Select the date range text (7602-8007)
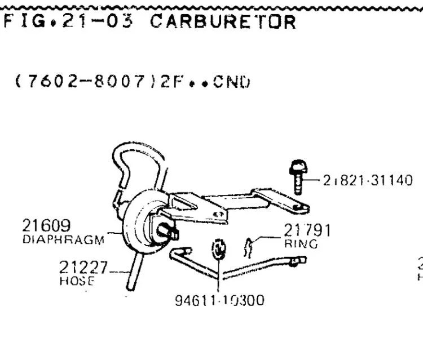tap(80, 82)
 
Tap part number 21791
tap(307, 230)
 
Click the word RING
tap(301, 244)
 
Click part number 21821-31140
tap(368, 180)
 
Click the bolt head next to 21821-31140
tap(296, 167)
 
